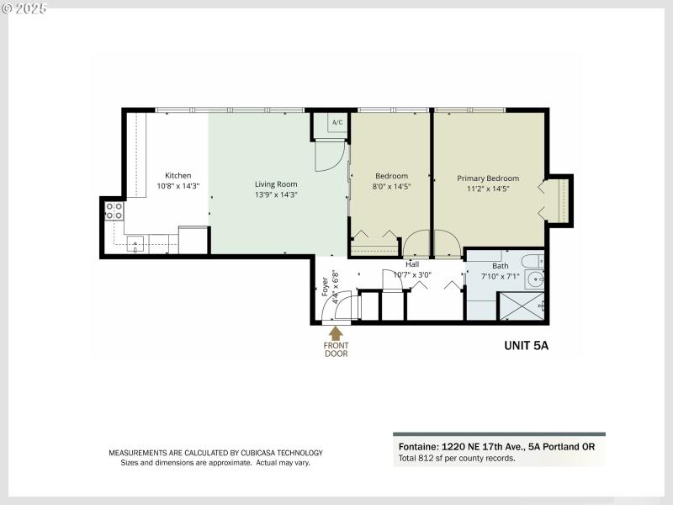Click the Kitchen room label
point(178,176)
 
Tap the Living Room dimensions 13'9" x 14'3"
point(276,194)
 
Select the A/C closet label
point(336,123)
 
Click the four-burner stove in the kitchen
point(114,210)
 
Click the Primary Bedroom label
point(488,178)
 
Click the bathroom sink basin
point(535,279)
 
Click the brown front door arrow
point(336,334)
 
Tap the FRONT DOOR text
point(336,348)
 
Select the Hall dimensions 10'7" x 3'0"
point(412,274)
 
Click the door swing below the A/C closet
point(330,156)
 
